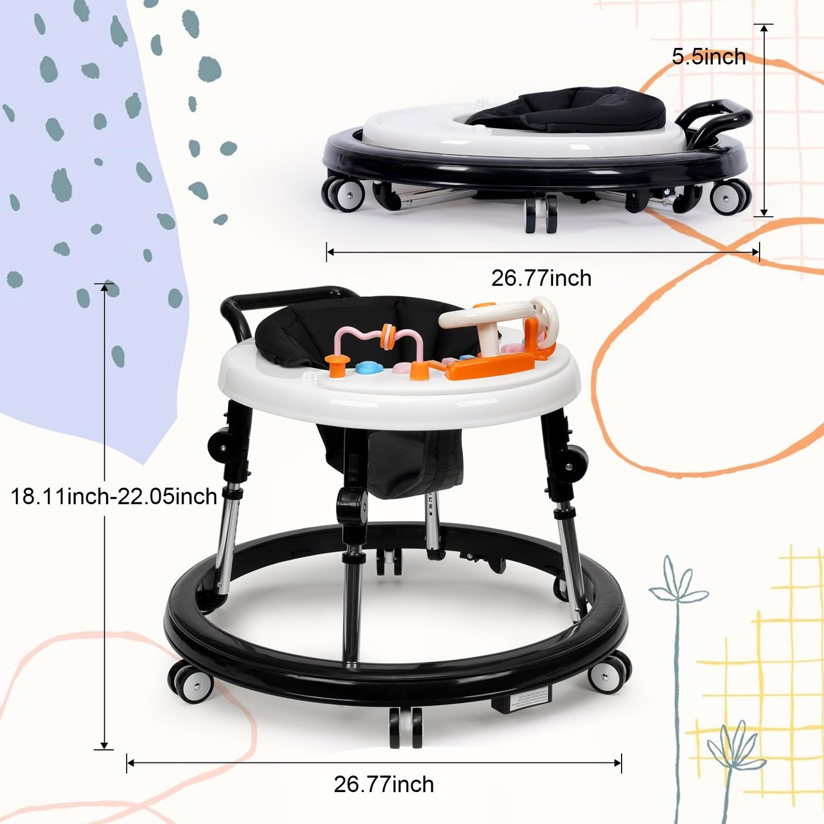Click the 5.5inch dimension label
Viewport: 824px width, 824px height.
pyautogui.click(x=709, y=57)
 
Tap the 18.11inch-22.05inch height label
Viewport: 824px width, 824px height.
pyautogui.click(x=113, y=497)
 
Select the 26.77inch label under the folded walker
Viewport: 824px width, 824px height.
pyautogui.click(x=541, y=278)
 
